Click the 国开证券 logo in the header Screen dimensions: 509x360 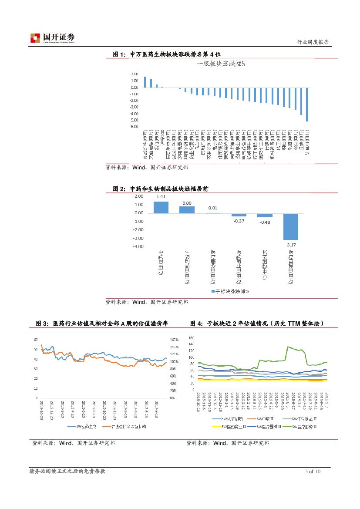pos(52,38)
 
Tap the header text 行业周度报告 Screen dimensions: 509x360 pos(312,42)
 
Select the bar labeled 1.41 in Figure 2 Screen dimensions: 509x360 pos(161,207)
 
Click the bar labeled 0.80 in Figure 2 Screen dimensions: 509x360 pos(187,210)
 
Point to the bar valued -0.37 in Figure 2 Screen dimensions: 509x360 pos(239,215)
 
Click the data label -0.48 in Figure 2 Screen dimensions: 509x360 pos(265,222)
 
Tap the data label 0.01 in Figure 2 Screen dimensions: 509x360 pos(213,208)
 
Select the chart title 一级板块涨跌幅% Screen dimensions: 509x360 pos(221,64)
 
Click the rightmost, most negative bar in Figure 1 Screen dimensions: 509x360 pos(307,104)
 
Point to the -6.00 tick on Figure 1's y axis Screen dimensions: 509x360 pos(134,127)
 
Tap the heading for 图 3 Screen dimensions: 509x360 pos(102,323)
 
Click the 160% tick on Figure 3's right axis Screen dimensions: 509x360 pos(174,339)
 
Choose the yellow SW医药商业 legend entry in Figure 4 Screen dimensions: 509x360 pos(226,426)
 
